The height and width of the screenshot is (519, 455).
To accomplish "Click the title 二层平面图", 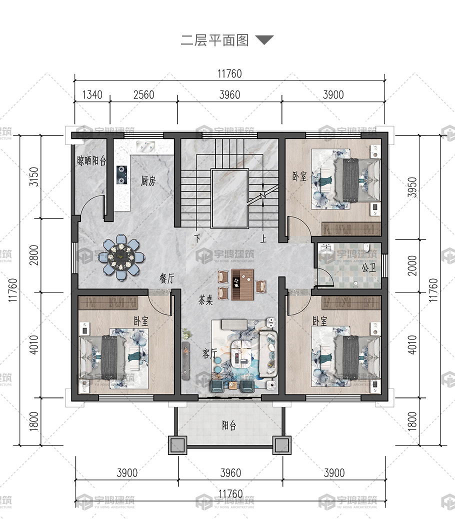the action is click(x=214, y=40).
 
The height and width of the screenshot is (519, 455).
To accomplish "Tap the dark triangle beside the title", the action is click(x=264, y=39).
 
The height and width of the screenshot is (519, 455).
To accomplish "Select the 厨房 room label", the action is click(x=148, y=180).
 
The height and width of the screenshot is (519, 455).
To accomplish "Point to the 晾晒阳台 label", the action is click(x=91, y=160).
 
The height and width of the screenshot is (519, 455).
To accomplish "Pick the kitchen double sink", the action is click(x=145, y=146).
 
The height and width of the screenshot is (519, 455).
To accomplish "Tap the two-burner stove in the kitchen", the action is click(x=121, y=175).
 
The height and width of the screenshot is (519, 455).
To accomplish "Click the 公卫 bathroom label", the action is click(x=368, y=267).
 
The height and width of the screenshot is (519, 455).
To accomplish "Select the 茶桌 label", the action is click(x=205, y=300).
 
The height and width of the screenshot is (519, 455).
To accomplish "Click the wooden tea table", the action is click(x=242, y=284).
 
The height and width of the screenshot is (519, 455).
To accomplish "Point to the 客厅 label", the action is click(x=210, y=353).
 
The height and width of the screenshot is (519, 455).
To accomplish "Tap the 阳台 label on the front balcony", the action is click(x=229, y=425).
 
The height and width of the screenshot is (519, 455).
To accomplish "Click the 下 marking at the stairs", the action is click(x=197, y=238).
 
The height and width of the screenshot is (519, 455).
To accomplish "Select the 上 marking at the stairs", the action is click(x=263, y=238).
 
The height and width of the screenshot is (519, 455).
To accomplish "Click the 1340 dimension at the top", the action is click(x=92, y=94).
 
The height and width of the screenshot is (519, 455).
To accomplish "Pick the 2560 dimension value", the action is click(x=143, y=94).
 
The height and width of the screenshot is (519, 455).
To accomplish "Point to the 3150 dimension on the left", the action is click(x=34, y=177).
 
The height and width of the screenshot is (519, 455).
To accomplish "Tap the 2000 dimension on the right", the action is click(x=412, y=265).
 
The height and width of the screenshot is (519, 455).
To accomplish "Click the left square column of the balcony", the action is click(x=177, y=445).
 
